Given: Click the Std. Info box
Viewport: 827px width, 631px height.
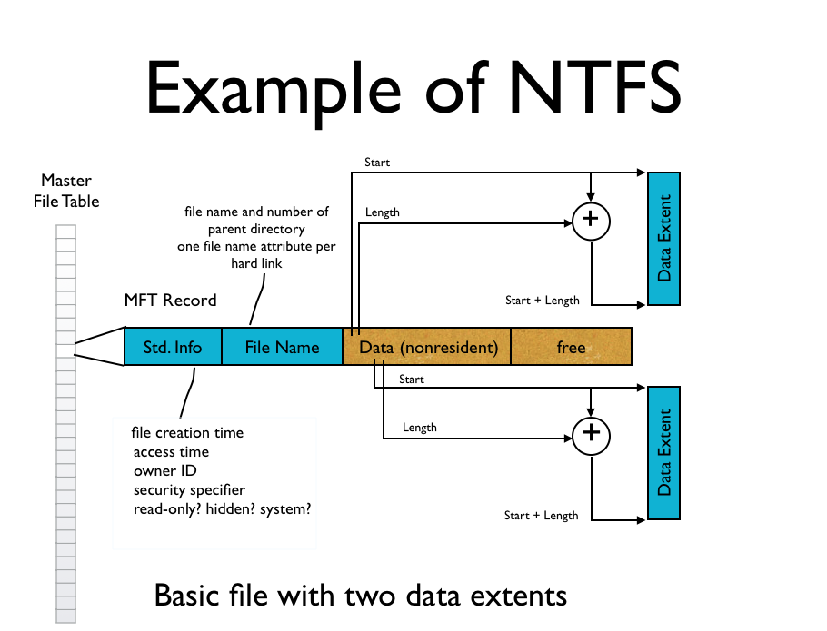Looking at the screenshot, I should [x=173, y=347].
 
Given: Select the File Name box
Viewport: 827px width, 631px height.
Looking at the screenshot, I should [x=282, y=347].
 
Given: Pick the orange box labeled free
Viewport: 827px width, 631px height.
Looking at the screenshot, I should [x=571, y=347].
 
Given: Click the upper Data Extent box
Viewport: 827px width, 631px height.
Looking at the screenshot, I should [x=663, y=238].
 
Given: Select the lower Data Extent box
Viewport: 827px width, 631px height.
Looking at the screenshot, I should [x=663, y=453].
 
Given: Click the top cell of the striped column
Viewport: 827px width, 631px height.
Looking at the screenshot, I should [x=65, y=231].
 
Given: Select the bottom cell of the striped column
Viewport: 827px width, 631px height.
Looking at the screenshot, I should [x=65, y=616].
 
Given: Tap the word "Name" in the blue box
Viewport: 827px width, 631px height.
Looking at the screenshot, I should [x=301, y=348].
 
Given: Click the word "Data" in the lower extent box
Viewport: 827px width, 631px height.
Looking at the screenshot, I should [x=664, y=478].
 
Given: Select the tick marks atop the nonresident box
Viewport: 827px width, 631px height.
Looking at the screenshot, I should [x=355, y=331].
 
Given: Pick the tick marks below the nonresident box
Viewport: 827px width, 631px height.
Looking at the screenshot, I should [x=379, y=362].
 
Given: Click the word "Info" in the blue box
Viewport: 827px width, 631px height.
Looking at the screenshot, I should [x=188, y=348].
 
